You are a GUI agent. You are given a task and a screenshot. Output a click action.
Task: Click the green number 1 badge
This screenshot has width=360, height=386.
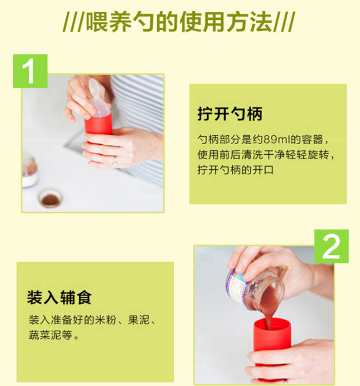(x=30, y=71)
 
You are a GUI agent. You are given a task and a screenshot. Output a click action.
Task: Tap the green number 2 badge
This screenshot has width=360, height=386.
(x=331, y=246)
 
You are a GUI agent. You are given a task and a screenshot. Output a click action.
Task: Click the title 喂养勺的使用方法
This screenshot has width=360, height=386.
(x=179, y=22)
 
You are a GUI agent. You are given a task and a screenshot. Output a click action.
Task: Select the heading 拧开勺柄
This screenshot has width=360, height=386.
(x=230, y=114)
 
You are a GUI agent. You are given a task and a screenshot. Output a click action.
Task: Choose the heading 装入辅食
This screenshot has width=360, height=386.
(x=59, y=297)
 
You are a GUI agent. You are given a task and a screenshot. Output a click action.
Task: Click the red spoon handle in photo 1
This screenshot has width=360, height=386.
(x=98, y=127)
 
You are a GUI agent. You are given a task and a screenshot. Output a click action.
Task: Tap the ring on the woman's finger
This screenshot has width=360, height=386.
(x=115, y=161)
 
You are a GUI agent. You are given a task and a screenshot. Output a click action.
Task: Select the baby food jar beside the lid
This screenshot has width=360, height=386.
(x=29, y=171)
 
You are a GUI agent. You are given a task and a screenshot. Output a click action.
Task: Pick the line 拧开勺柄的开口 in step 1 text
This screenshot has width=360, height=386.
(x=235, y=170)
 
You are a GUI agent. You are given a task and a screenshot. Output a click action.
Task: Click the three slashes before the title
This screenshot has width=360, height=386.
(x=73, y=23)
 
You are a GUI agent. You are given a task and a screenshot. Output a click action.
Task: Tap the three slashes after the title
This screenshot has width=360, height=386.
(x=284, y=23)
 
